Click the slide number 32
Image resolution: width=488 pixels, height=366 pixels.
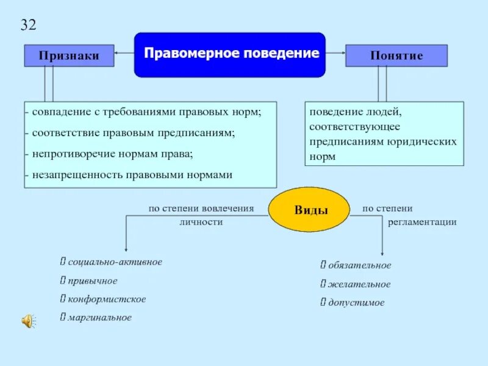pos(29,25)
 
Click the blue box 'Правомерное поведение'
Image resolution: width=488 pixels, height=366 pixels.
pos(230,54)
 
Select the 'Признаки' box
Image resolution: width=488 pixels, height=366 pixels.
pos(69,56)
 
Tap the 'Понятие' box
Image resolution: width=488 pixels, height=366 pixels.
pos(396,56)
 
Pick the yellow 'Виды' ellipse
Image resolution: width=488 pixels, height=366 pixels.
pos(311,210)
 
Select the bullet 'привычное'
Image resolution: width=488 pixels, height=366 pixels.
pos(92,281)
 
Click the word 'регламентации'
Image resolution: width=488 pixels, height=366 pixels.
pos(422,222)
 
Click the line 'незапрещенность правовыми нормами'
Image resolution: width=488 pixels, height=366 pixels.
pos(131,174)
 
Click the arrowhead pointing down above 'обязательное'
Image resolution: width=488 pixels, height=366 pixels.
pos(382,254)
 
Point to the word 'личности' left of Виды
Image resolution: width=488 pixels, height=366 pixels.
pos(201,222)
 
